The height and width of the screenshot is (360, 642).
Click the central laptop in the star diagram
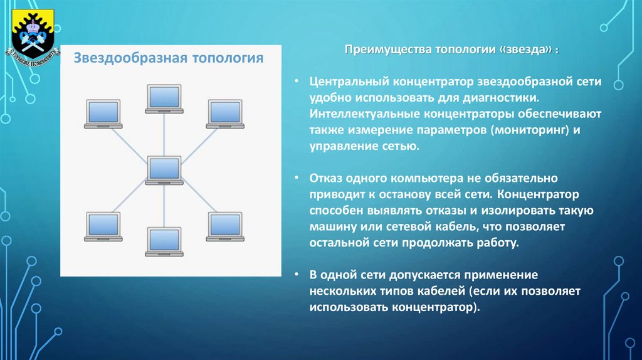pos(165,169)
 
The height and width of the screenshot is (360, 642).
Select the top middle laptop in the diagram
pos(164,98)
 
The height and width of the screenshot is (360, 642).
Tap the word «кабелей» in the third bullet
pos(440,292)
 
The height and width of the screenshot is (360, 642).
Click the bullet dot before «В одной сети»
pos(299,275)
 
